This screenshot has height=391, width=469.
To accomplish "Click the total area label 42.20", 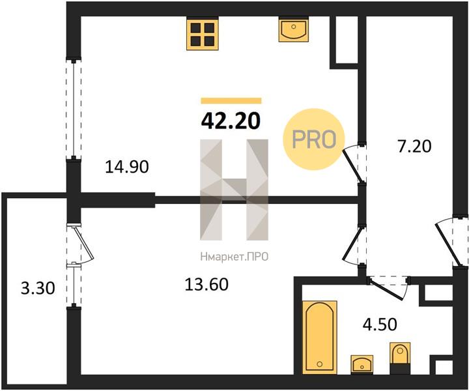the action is [x=231, y=121].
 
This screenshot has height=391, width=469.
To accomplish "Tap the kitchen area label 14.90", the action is [x=127, y=167].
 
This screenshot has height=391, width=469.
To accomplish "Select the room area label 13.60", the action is [x=206, y=284].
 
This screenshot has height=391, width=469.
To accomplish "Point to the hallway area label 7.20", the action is [x=414, y=147].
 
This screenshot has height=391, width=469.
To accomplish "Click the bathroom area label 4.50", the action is [x=380, y=324].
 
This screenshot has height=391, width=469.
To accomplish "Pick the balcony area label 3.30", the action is [x=38, y=289].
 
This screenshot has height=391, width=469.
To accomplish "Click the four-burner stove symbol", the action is [x=203, y=33].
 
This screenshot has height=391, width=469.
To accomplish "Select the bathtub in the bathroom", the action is [x=320, y=337].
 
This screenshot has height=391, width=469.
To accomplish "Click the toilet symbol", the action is [x=400, y=358].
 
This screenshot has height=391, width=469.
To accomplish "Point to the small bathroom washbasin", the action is [x=362, y=364].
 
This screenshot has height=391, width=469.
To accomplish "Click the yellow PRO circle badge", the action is [x=314, y=139].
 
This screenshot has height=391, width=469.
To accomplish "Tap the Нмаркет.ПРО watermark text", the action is [x=234, y=257].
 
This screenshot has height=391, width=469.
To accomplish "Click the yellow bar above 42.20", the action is [x=231, y=100].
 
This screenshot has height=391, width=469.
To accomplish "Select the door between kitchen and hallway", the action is [x=352, y=165].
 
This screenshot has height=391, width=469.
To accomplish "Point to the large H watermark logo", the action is [x=234, y=190].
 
